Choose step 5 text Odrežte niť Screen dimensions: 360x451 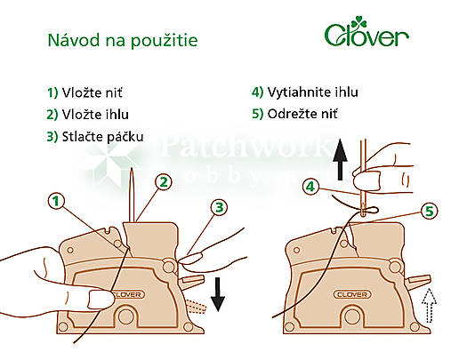308,114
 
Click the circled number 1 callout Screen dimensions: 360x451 57,202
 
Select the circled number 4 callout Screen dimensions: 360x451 310,187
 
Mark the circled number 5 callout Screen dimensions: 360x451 429,211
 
